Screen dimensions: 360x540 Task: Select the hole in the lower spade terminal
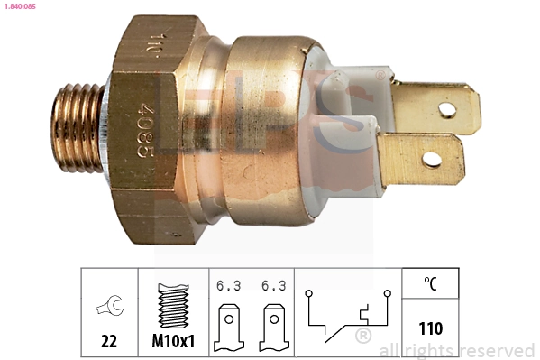point(433,160)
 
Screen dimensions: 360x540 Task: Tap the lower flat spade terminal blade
point(424,155)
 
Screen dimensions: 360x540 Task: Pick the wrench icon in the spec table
point(108,306)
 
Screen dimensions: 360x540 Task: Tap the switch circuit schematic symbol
point(348,318)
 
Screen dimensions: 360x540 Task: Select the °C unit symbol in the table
point(431,283)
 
